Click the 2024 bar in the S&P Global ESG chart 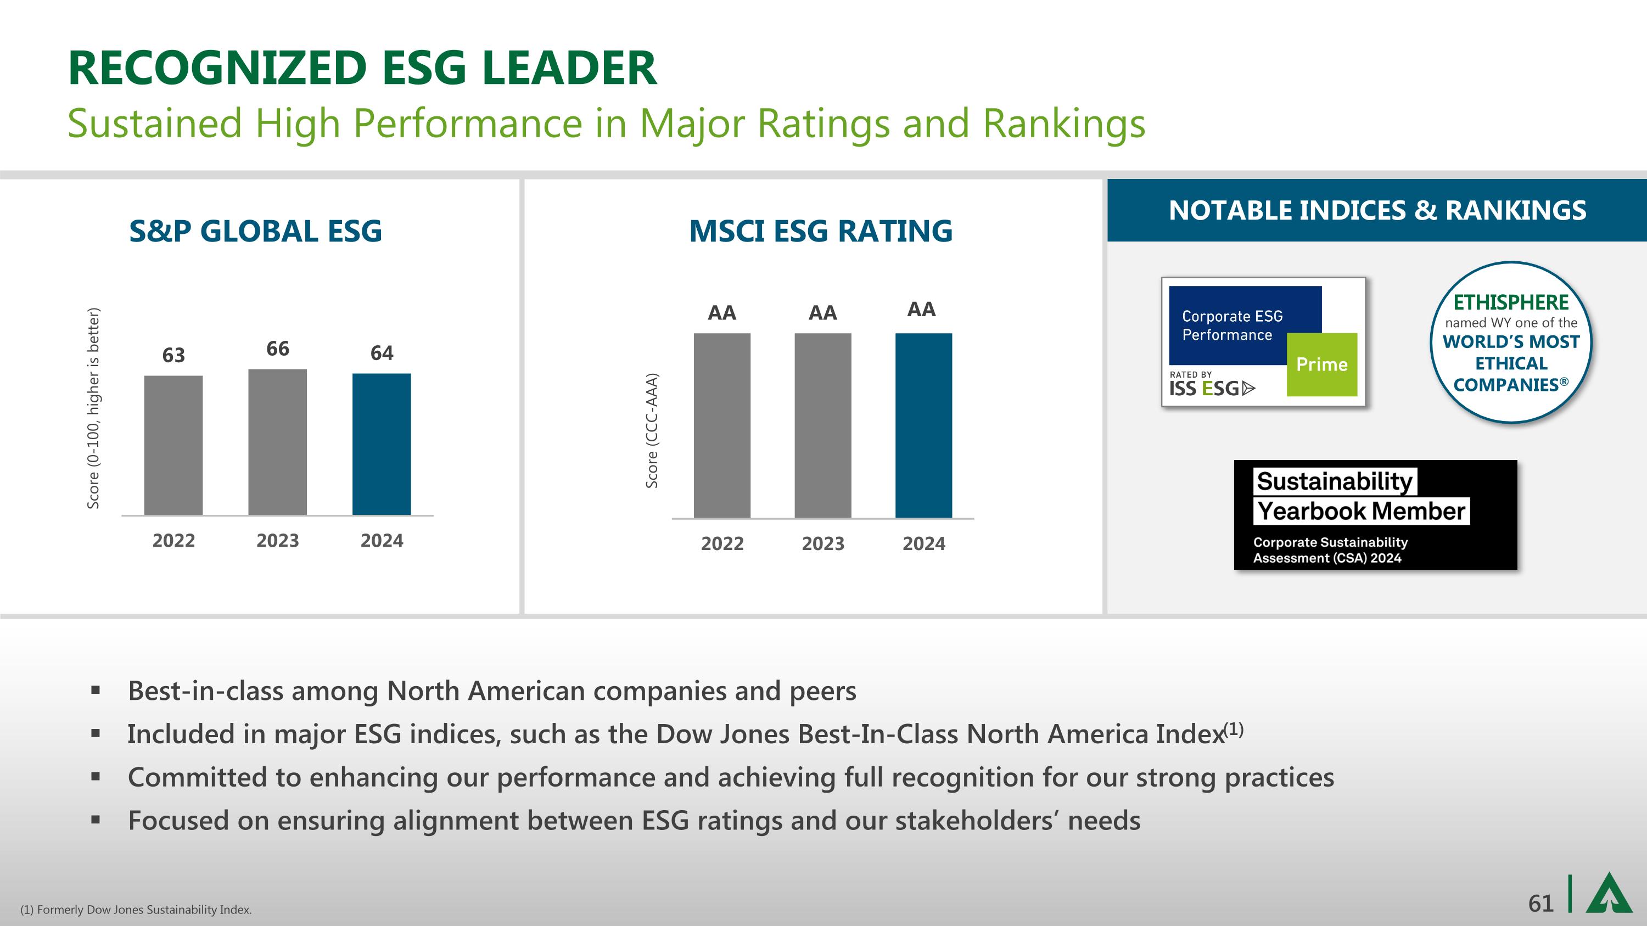(x=382, y=444)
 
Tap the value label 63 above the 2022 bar (x=173, y=355)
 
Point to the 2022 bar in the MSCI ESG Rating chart (x=722, y=425)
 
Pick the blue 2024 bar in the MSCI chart (x=923, y=425)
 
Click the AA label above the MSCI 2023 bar (x=822, y=313)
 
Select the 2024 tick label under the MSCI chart (x=923, y=544)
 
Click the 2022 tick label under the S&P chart (x=173, y=541)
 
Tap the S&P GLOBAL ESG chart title (x=255, y=231)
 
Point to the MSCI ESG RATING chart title (x=820, y=231)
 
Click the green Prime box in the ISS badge (x=1321, y=364)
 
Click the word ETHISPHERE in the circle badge (x=1511, y=302)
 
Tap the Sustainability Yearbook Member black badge (x=1375, y=514)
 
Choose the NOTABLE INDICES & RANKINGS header (x=1377, y=210)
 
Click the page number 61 (x=1540, y=903)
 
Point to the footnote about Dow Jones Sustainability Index (x=136, y=910)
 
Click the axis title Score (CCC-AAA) (x=652, y=431)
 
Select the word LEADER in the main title (x=568, y=69)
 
